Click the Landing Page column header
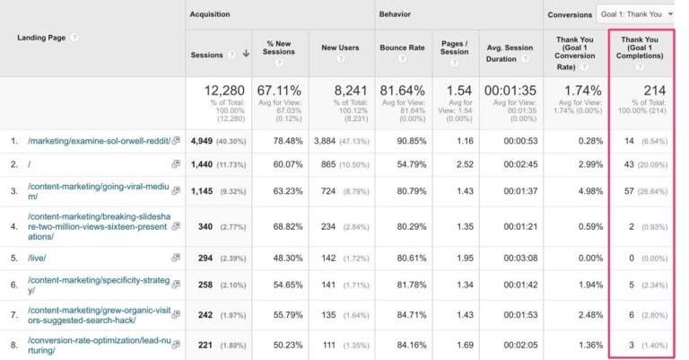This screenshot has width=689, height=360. click(43, 37)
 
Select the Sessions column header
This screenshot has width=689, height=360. click(208, 54)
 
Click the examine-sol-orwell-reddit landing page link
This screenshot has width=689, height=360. click(97, 140)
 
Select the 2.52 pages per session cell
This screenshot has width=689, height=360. click(464, 164)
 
